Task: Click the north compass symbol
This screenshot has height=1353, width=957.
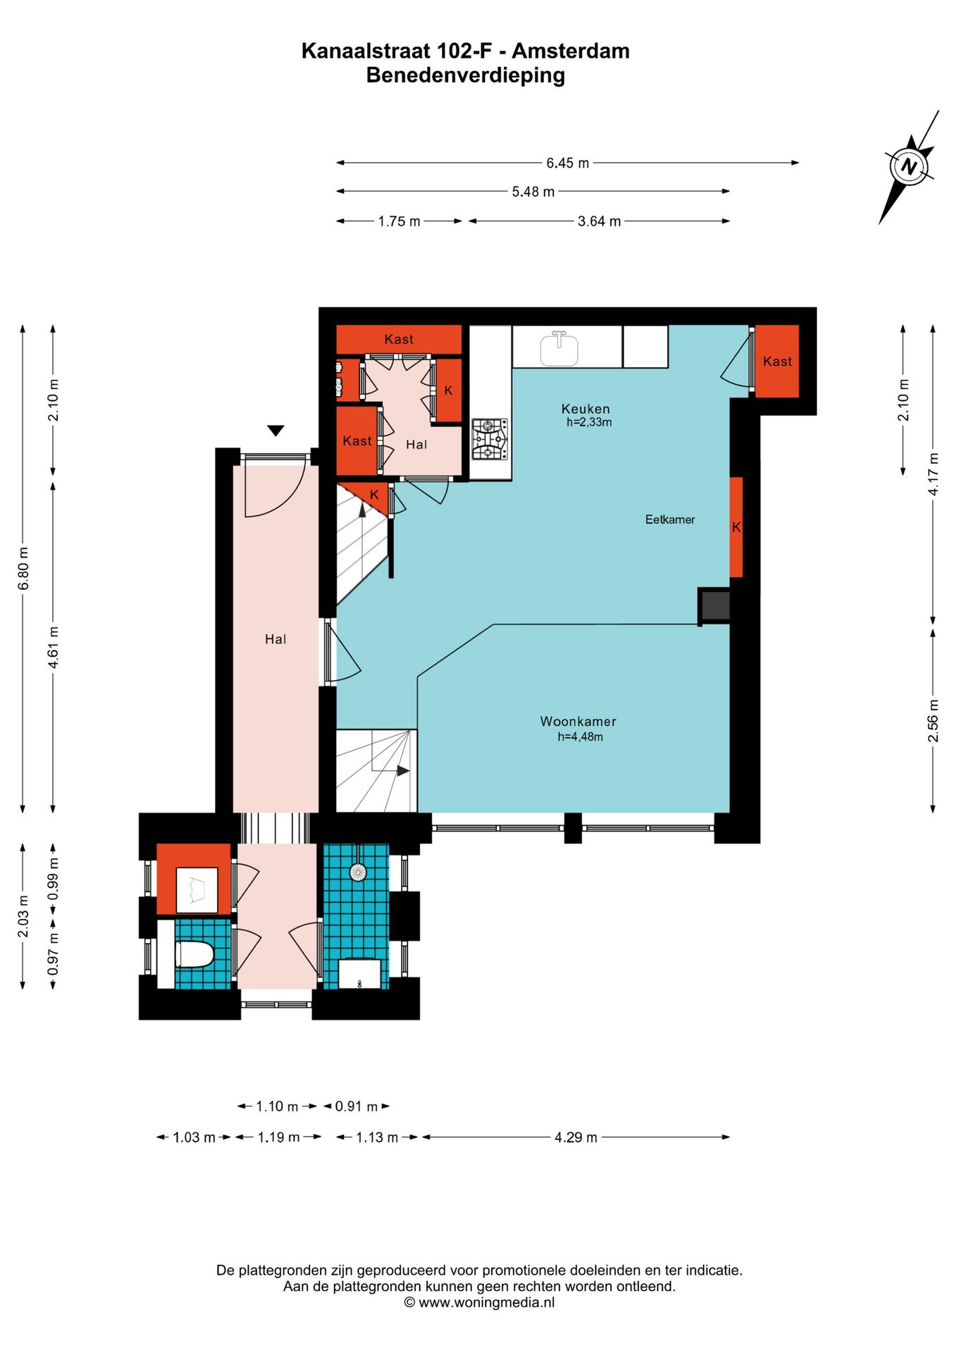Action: click(x=909, y=168)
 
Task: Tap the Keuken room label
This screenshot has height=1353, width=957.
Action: click(x=586, y=409)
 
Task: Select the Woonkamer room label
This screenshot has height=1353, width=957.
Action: click(x=578, y=722)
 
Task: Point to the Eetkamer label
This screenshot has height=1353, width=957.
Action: click(x=670, y=519)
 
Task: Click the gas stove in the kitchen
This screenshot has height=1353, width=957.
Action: click(x=490, y=439)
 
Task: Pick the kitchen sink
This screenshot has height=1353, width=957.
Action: click(x=560, y=349)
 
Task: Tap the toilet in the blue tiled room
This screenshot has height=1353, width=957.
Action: click(x=194, y=955)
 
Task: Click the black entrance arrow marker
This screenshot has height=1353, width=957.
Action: click(x=276, y=431)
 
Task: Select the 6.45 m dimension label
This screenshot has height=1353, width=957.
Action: click(x=567, y=163)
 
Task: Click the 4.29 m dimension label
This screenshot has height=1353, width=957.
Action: click(x=576, y=1137)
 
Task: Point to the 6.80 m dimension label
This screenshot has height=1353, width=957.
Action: click(x=23, y=568)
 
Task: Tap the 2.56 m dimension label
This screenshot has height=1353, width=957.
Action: click(x=933, y=720)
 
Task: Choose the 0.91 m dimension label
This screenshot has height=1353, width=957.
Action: click(x=357, y=1106)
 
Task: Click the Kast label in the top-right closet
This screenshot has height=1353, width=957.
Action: click(x=777, y=362)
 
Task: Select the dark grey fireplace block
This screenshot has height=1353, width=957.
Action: click(x=714, y=605)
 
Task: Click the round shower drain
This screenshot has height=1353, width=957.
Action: click(x=358, y=872)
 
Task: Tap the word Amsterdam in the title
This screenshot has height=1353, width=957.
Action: click(x=571, y=51)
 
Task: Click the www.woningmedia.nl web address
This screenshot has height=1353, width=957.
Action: click(x=487, y=1302)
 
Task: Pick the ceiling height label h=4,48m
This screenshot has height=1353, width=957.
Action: click(x=581, y=737)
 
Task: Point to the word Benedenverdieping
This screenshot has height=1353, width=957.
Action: click(x=466, y=75)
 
